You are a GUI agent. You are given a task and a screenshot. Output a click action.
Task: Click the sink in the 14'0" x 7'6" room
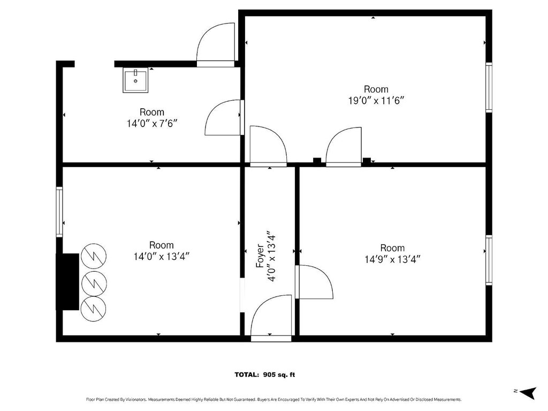coord(135,80)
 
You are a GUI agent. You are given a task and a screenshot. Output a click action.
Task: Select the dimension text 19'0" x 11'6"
coord(376,101)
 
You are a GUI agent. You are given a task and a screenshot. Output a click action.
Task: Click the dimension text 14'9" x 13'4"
coord(392,259)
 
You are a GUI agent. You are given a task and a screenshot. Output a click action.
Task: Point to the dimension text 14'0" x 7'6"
coord(152,124)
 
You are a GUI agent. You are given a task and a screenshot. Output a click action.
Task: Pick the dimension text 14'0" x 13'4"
coord(162,257)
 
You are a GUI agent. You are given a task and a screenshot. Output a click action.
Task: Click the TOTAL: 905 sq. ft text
coord(265,375)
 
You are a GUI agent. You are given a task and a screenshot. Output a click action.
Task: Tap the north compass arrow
coord(528,392)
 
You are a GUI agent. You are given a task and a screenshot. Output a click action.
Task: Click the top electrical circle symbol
coord(94,256)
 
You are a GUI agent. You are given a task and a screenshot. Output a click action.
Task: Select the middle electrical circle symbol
coord(94,282)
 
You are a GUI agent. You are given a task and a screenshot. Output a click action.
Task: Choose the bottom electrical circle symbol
coord(94,309)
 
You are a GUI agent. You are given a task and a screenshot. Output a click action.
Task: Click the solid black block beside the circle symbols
coord(68,282)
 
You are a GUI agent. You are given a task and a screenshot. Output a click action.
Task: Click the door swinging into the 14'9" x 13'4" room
coord(314,282)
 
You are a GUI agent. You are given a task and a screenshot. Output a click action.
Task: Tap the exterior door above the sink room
coord(216,45)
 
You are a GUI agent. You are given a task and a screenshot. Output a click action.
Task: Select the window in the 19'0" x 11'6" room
coord(489,87)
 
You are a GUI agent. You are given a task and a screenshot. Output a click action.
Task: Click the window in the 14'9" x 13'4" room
coord(489,260)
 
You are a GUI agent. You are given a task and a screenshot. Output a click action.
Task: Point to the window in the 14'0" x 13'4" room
coord(59,212)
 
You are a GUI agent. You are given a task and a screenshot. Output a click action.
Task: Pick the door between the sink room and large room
coord(224,117)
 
